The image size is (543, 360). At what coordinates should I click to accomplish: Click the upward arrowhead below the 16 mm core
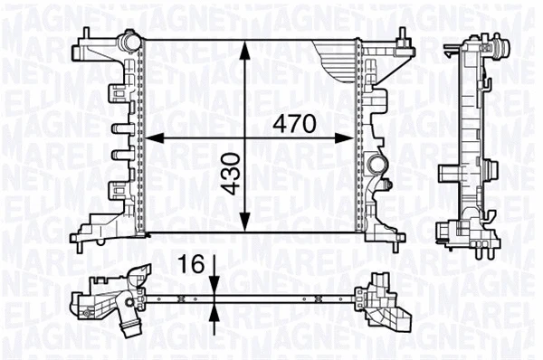click(213, 312)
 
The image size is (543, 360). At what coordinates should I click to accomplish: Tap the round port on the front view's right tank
click(377, 166)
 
